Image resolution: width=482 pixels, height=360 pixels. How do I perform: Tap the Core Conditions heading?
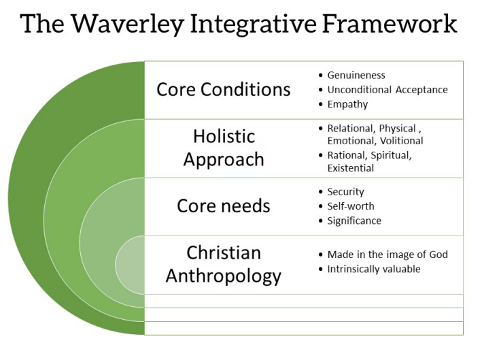[223, 90]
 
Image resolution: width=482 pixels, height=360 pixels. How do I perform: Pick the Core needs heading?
[224, 206]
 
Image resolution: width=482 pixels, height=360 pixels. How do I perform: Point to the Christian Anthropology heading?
[224, 264]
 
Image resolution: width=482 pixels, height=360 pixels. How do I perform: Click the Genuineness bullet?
[356, 75]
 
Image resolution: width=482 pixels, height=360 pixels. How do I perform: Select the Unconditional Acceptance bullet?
[388, 90]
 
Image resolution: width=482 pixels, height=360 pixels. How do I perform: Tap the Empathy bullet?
[347, 105]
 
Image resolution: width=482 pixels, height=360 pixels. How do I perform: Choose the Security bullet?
[345, 192]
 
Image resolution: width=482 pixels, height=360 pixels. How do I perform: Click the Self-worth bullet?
[351, 206]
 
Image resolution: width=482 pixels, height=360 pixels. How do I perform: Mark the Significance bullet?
[354, 220]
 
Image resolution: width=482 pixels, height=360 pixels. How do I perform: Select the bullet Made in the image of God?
[388, 255]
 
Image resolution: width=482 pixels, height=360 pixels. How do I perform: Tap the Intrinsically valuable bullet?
[374, 269]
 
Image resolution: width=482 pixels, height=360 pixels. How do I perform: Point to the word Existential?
[351, 168]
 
